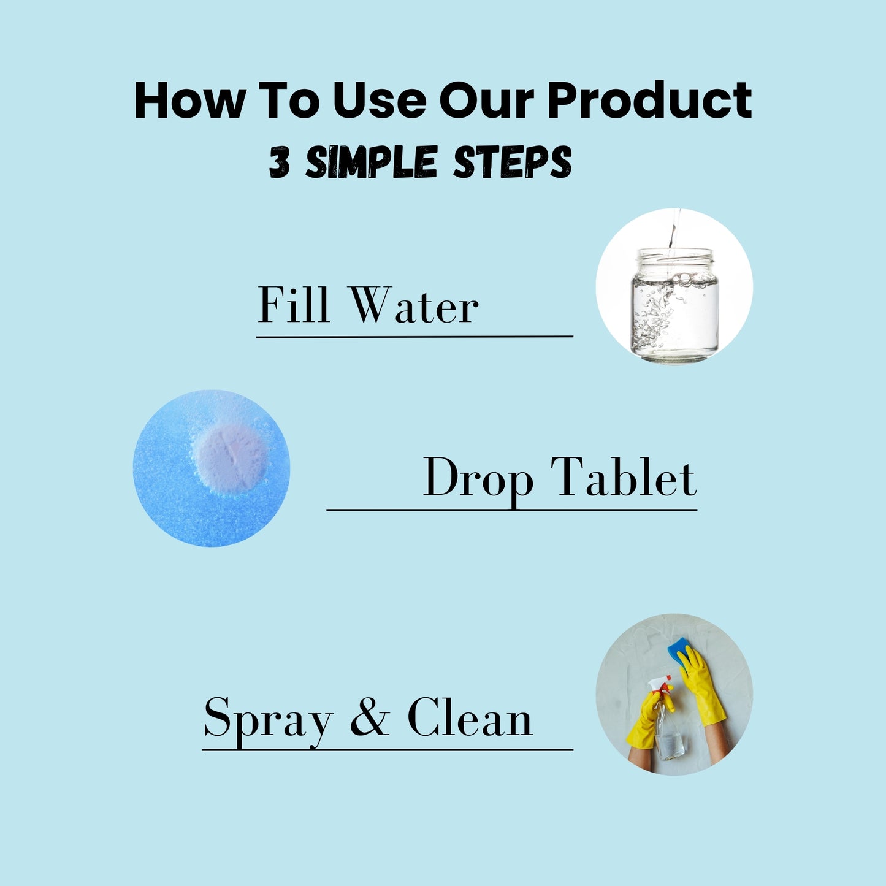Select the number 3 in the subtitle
280,162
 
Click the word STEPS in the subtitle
512,162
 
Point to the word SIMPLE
371,162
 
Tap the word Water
414,305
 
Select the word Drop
478,478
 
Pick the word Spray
269,719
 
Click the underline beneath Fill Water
414,336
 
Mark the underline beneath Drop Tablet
511,509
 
